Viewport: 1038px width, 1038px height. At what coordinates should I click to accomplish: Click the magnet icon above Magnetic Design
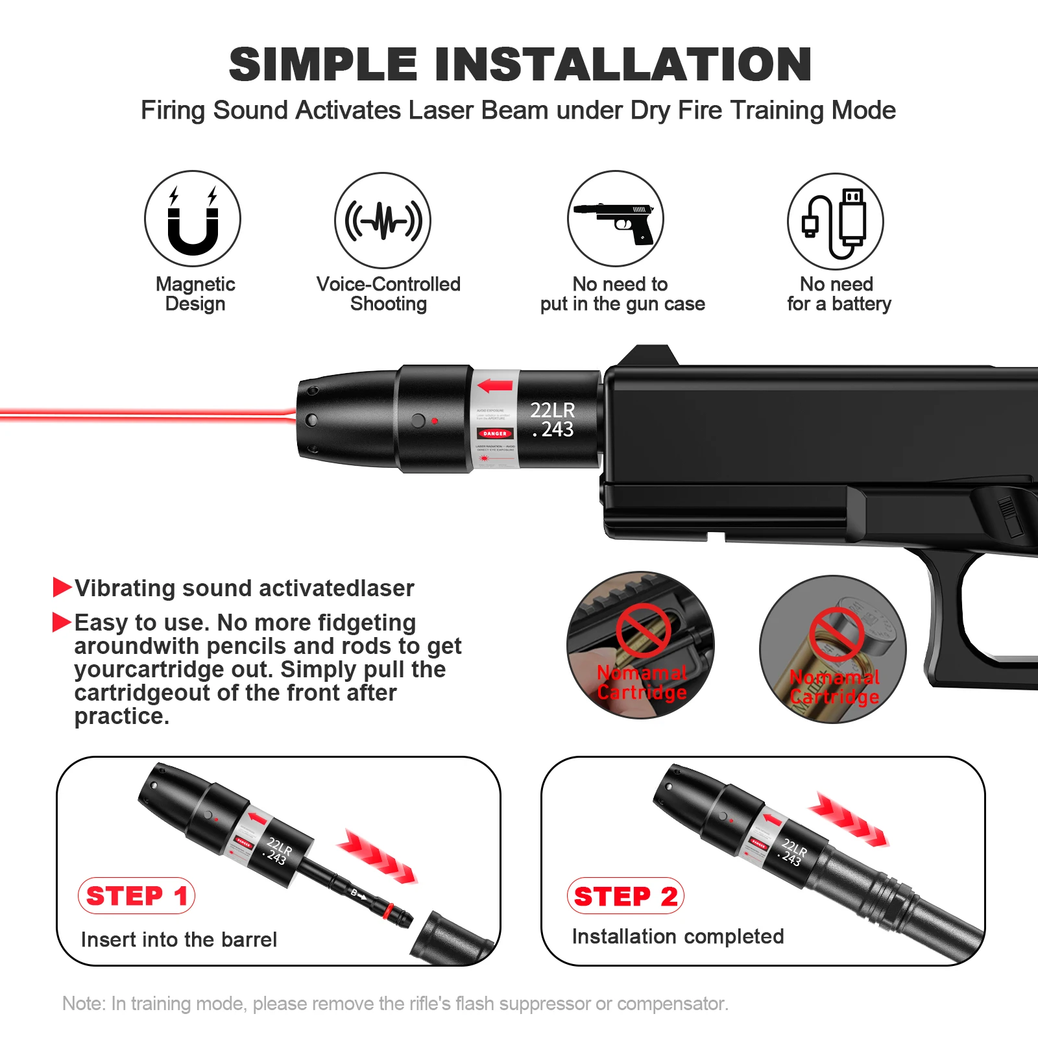coord(193,219)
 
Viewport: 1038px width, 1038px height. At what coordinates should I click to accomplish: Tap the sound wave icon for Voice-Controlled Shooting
coord(383,221)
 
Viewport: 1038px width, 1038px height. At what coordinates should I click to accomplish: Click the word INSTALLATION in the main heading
coord(623,65)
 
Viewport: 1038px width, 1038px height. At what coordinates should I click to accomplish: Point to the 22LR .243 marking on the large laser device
coord(552,420)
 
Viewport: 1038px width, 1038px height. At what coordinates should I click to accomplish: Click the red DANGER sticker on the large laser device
coord(495,433)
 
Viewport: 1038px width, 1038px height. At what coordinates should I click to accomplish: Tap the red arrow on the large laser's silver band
coord(495,387)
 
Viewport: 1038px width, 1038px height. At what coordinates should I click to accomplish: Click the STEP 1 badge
coord(136,896)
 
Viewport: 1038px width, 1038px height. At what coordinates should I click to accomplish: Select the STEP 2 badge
coord(625,896)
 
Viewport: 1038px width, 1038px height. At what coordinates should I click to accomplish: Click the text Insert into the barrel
coord(179,939)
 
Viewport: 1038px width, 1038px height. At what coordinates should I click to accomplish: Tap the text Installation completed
coord(678,936)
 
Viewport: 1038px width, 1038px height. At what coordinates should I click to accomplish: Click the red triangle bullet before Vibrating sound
coord(62,587)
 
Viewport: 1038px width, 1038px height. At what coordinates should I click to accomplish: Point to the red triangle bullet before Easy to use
coord(62,622)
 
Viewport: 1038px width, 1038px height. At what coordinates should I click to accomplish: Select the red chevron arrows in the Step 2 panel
coord(849,819)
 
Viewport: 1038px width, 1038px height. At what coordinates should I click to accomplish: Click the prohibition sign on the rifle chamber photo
coord(643,630)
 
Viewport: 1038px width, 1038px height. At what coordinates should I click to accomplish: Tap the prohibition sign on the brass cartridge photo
coord(836,634)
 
